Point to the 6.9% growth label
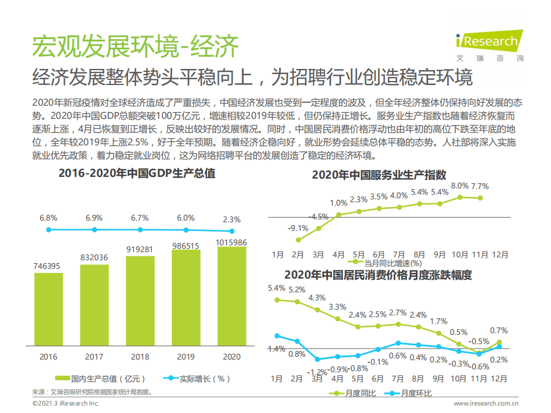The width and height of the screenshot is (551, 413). point(94,218)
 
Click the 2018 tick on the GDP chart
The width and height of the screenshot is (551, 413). point(140,357)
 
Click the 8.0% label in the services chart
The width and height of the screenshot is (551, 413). point(460,186)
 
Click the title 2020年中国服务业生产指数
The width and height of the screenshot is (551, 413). point(379,175)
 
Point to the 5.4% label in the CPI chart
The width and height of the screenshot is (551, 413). point(276,288)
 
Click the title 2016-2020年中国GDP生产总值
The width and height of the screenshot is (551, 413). point(137,173)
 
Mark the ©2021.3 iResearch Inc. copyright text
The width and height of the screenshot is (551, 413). point(65,404)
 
